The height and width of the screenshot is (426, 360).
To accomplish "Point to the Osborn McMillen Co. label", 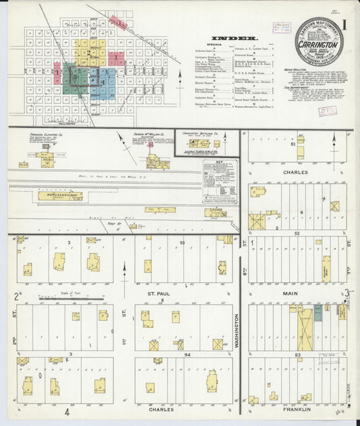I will click(149, 134).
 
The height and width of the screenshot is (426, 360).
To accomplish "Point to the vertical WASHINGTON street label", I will click(236, 331).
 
